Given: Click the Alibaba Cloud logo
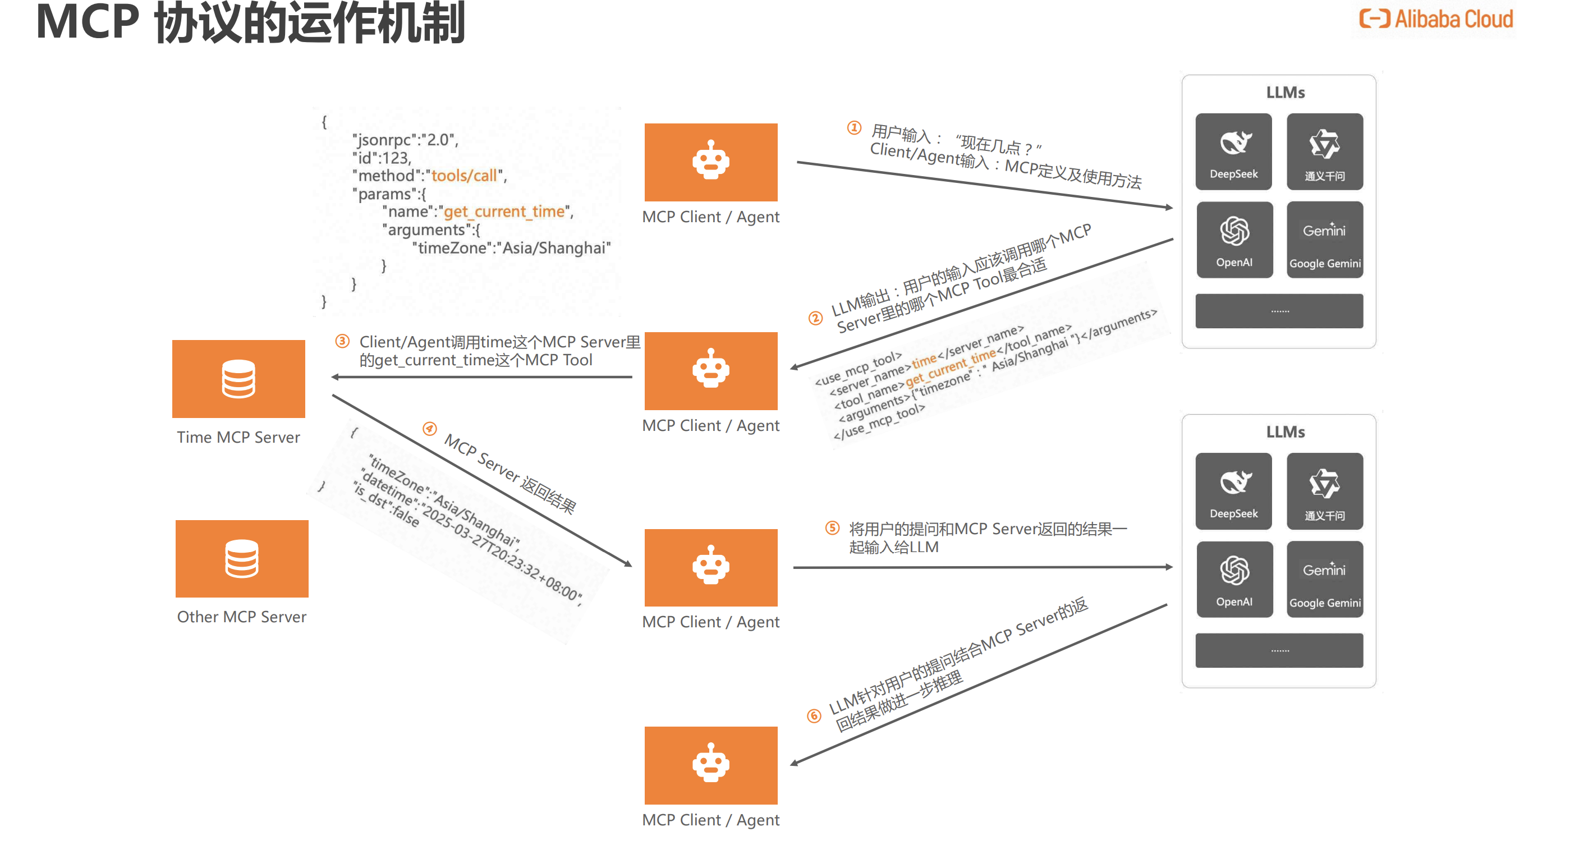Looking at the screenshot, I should tap(1435, 20).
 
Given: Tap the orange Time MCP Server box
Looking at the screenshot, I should tap(238, 379).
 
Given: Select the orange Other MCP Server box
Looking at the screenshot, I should tap(241, 558).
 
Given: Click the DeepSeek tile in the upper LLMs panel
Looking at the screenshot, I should tap(1233, 151).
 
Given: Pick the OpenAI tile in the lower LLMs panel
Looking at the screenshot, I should tap(1234, 579).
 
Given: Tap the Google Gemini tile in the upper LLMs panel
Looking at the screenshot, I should tap(1325, 240).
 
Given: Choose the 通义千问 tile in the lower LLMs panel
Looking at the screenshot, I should tap(1325, 491).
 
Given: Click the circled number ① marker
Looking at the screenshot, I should tap(854, 127).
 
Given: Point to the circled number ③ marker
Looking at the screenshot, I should tap(342, 341).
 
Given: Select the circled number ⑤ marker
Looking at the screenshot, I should tap(832, 527).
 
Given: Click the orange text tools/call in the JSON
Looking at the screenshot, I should tap(464, 176).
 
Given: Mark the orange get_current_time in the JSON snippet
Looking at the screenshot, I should tap(504, 212).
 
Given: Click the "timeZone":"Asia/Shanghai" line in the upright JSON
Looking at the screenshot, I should tap(512, 247).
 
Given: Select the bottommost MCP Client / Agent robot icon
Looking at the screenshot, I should tap(711, 764).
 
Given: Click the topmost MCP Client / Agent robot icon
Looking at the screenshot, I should tap(711, 162).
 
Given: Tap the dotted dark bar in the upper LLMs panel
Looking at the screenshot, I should tap(1279, 311).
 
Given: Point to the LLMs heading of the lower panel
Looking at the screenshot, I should tap(1286, 432).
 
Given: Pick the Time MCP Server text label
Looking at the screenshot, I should tap(238, 437).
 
